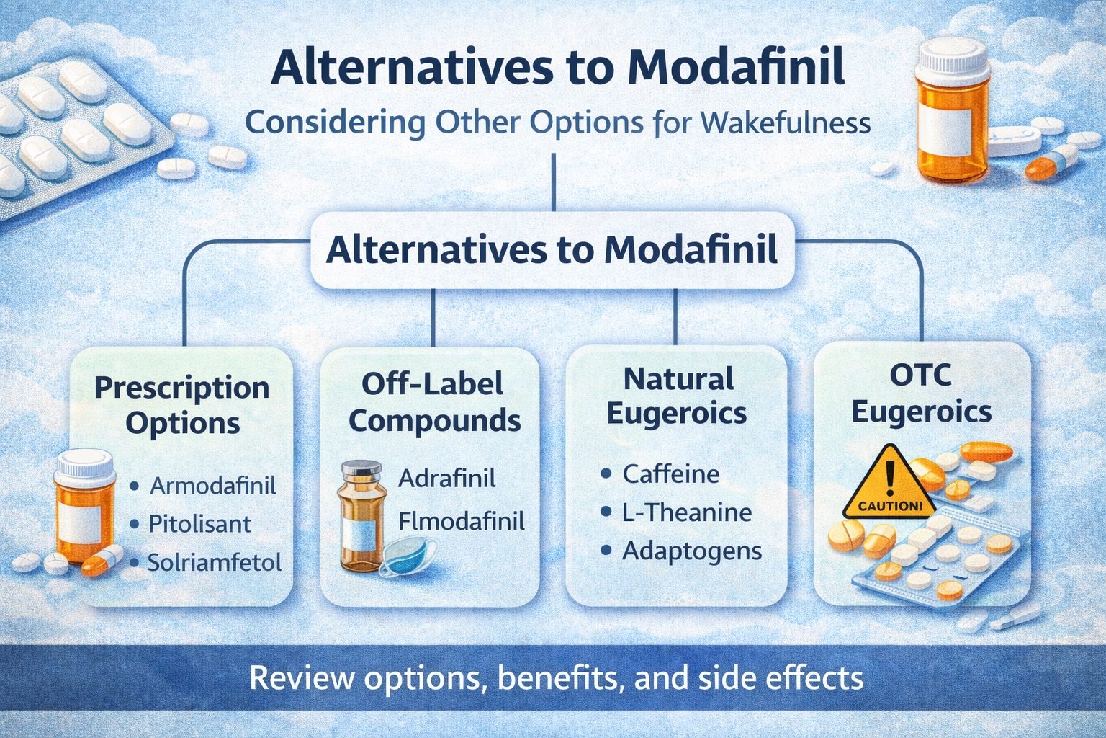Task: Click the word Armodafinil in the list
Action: tap(212, 485)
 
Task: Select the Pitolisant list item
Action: tap(199, 524)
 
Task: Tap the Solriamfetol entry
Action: tap(214, 562)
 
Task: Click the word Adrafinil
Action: tap(446, 478)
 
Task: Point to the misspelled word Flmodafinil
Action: tap(461, 521)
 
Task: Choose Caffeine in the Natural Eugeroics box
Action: tap(670, 474)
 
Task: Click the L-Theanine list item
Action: tap(686, 512)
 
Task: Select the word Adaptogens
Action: tap(691, 551)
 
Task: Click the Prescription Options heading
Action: tap(182, 405)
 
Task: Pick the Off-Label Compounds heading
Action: tap(433, 402)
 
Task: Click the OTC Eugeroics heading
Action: tap(921, 394)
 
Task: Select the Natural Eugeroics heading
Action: tap(677, 396)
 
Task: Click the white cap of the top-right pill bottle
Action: tap(951, 54)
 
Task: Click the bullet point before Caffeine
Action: tap(606, 474)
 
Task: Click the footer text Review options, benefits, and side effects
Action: tap(556, 678)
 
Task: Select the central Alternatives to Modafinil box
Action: tap(552, 250)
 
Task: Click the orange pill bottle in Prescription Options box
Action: tap(85, 508)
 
